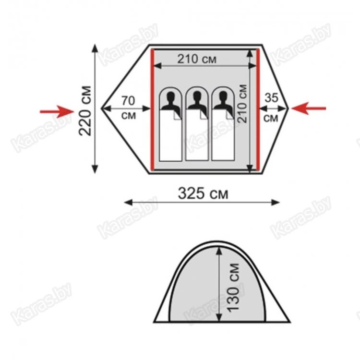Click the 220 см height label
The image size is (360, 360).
(85, 111)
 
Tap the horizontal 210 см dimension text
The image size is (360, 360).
(197, 59)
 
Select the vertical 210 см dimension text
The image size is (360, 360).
(242, 104)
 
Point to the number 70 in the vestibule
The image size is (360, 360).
(128, 101)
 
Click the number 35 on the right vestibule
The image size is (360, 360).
(271, 98)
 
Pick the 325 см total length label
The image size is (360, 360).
(203, 193)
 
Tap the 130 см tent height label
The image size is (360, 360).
(233, 288)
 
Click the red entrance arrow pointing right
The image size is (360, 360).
(57, 111)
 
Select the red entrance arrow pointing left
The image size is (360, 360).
(309, 108)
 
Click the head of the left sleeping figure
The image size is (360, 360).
(170, 97)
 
